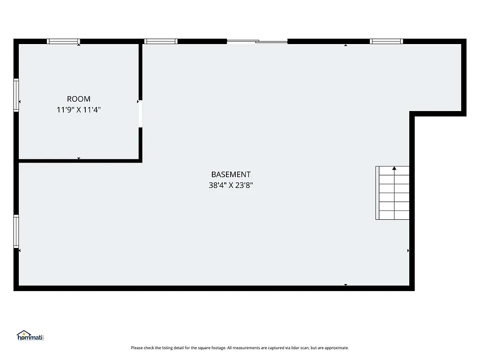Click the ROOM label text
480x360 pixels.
coord(79,99)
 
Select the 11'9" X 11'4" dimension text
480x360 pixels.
coord(79,110)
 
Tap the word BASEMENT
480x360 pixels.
coord(231,174)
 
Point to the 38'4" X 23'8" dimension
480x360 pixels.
coord(231,185)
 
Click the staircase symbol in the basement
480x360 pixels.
coord(393,193)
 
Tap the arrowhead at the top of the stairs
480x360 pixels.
coord(394,168)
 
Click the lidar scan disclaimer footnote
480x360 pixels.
coord(240,348)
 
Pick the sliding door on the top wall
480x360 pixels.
coord(257,42)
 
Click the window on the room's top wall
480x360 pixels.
coord(64,41)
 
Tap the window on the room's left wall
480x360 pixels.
coord(16,95)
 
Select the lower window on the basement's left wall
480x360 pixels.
coord(16,231)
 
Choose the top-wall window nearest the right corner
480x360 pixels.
coord(386,41)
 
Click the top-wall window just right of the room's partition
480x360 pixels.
coord(161,41)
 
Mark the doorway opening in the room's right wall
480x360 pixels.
coord(140,113)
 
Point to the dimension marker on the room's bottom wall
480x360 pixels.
coord(79,159)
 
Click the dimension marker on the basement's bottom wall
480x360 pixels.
coord(346,285)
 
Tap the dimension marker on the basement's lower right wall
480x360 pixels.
coord(408,251)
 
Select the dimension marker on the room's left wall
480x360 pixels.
coord(20,101)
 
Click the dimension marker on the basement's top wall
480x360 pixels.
coord(346,45)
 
